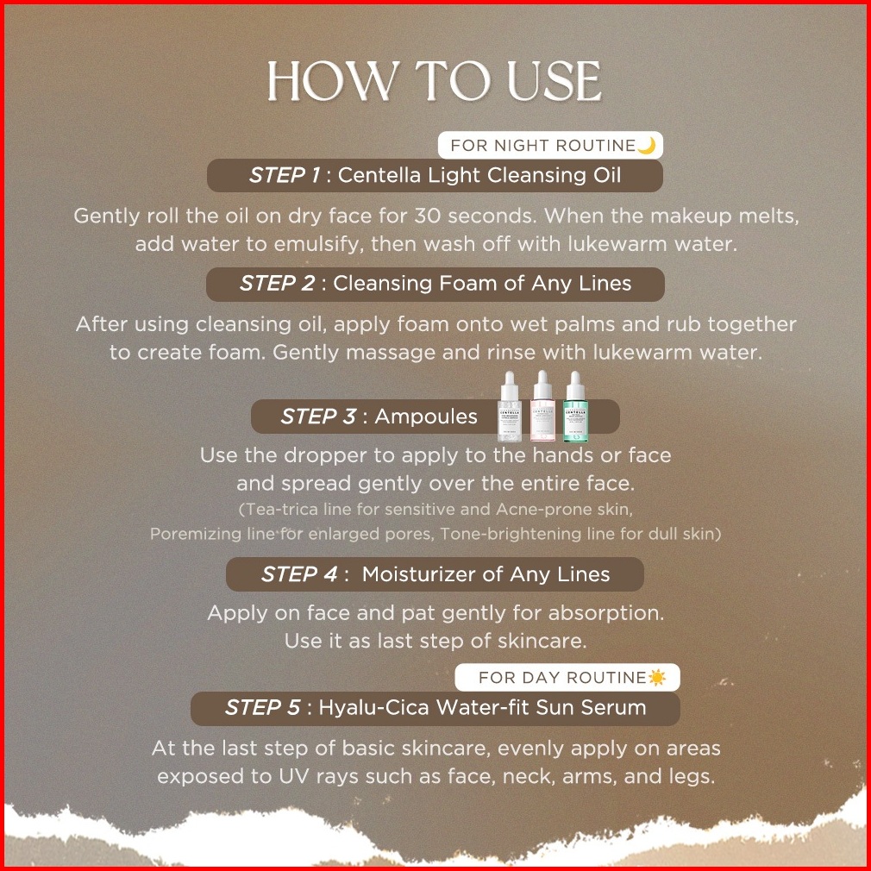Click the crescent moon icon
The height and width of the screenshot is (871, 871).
[x=647, y=145]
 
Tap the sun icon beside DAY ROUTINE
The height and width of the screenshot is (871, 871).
[x=656, y=677]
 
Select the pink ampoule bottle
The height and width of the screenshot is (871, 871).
[x=542, y=406]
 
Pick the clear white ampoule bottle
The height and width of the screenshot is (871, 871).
[x=510, y=406]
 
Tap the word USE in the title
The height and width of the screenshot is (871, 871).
[x=554, y=81]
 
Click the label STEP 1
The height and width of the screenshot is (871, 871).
[x=285, y=175]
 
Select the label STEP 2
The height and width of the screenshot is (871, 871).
[x=277, y=284]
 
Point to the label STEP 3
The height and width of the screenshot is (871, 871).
[x=318, y=416]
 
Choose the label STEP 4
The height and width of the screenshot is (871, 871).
[x=299, y=573]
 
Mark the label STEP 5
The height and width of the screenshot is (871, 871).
[x=262, y=707]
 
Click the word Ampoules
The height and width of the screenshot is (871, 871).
[x=426, y=417]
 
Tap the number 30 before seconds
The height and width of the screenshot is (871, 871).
[x=428, y=216]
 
